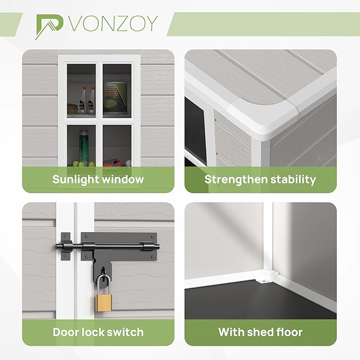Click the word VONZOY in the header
click(x=113, y=23)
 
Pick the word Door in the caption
click(x=65, y=332)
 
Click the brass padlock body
click(x=103, y=302)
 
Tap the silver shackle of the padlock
click(x=103, y=285)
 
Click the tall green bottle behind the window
click(x=83, y=145)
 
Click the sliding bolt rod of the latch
click(x=108, y=247)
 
